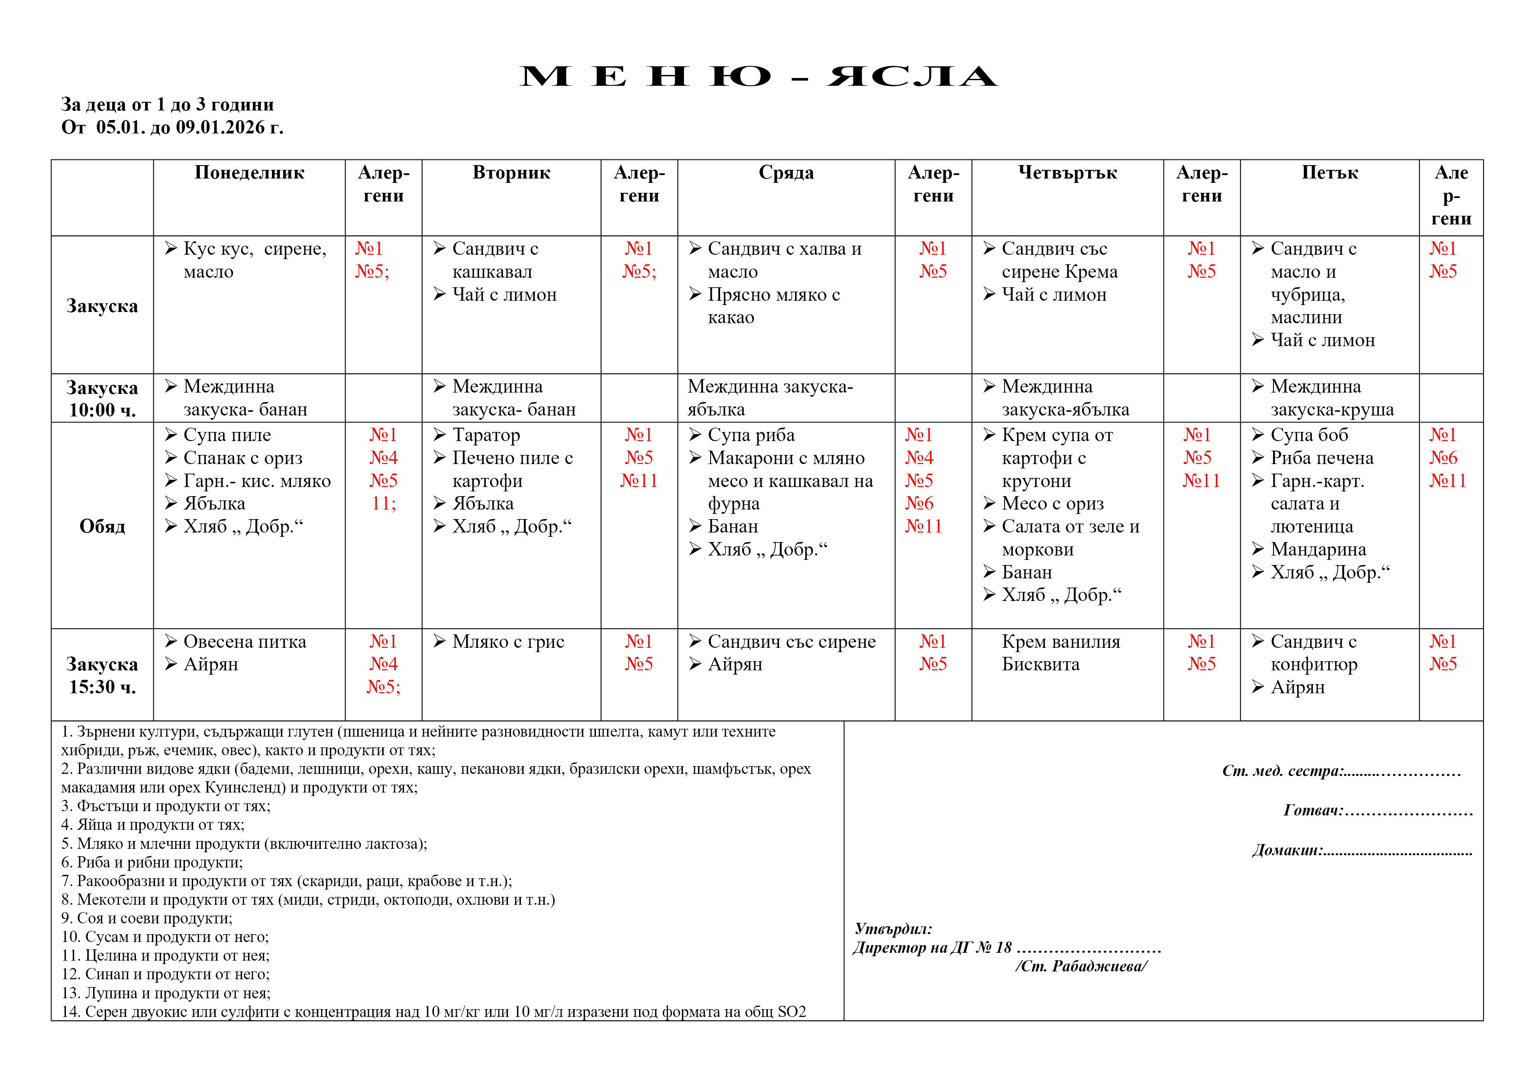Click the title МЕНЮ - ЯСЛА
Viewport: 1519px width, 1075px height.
click(x=758, y=77)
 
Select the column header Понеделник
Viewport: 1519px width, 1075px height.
click(x=249, y=173)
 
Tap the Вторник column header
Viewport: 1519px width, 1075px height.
click(x=511, y=173)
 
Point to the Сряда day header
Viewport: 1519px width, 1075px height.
click(x=786, y=173)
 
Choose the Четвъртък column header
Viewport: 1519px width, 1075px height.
click(x=1067, y=173)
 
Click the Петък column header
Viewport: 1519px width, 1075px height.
click(x=1329, y=173)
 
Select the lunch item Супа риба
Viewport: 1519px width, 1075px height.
click(x=751, y=435)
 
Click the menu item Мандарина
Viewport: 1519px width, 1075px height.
click(x=1318, y=549)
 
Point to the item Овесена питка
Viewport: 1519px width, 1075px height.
click(x=244, y=641)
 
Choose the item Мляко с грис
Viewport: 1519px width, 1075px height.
click(x=507, y=641)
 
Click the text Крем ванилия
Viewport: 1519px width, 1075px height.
click(x=1060, y=641)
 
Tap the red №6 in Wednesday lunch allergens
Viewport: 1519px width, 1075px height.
click(x=919, y=503)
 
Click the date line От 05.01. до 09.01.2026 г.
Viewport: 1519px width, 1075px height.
click(x=172, y=127)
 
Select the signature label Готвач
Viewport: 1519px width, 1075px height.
click(x=1312, y=810)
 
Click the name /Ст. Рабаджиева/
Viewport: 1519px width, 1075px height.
click(x=1081, y=966)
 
